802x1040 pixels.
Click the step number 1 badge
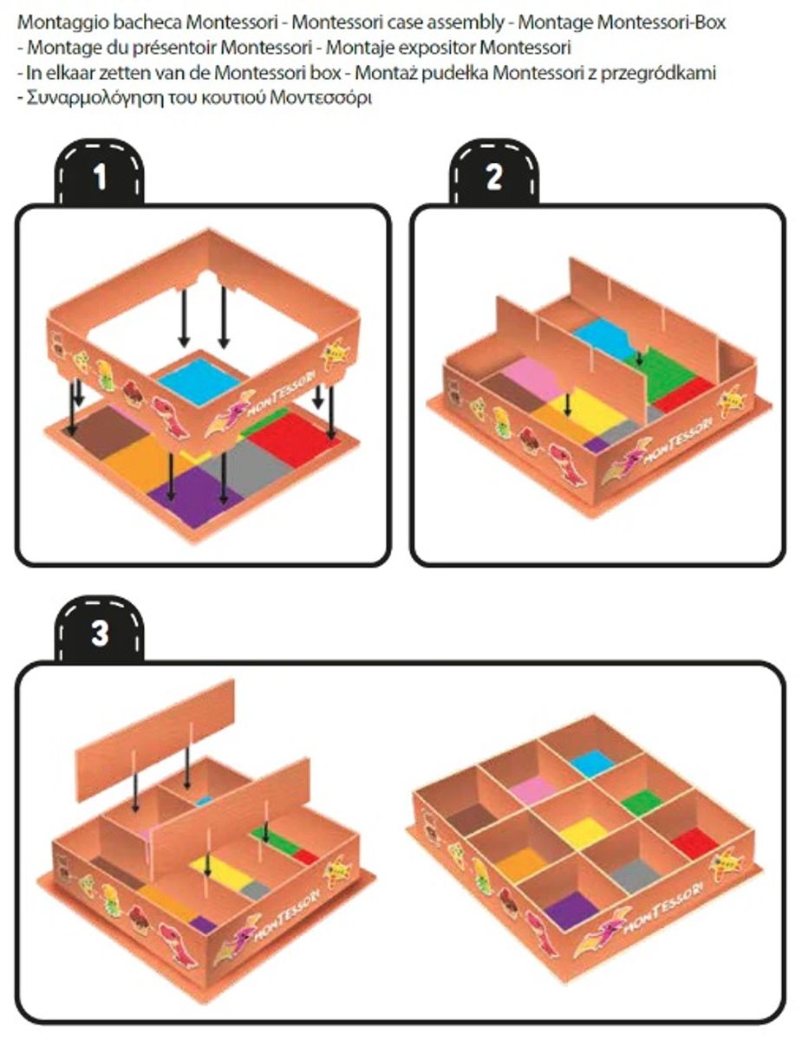point(99,172)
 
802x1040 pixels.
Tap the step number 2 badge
point(493,172)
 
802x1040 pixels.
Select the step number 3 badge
point(99,629)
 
